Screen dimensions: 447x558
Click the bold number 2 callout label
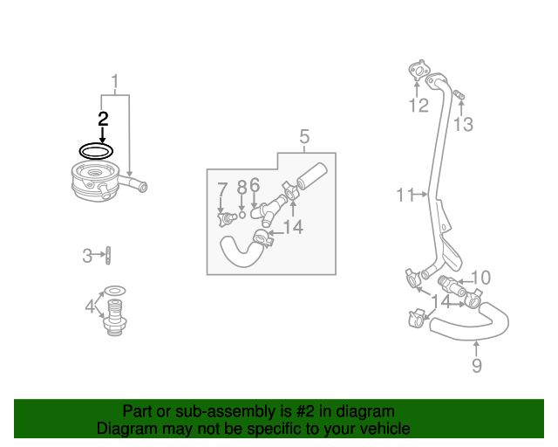[103, 119]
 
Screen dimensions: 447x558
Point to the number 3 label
[87, 256]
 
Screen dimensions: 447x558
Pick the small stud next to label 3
[108, 256]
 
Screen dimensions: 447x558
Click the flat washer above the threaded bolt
[114, 290]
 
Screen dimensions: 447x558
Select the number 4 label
[90, 306]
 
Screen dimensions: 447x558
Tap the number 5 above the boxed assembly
[304, 136]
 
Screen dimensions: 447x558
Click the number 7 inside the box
[222, 189]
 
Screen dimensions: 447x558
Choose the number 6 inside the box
[254, 185]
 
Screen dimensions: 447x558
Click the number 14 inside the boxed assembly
[293, 227]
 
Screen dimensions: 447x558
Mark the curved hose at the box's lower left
[240, 252]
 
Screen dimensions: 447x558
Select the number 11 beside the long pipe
[405, 196]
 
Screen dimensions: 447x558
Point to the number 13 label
[463, 125]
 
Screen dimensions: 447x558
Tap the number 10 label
[480, 279]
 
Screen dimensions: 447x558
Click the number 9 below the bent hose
[477, 366]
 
